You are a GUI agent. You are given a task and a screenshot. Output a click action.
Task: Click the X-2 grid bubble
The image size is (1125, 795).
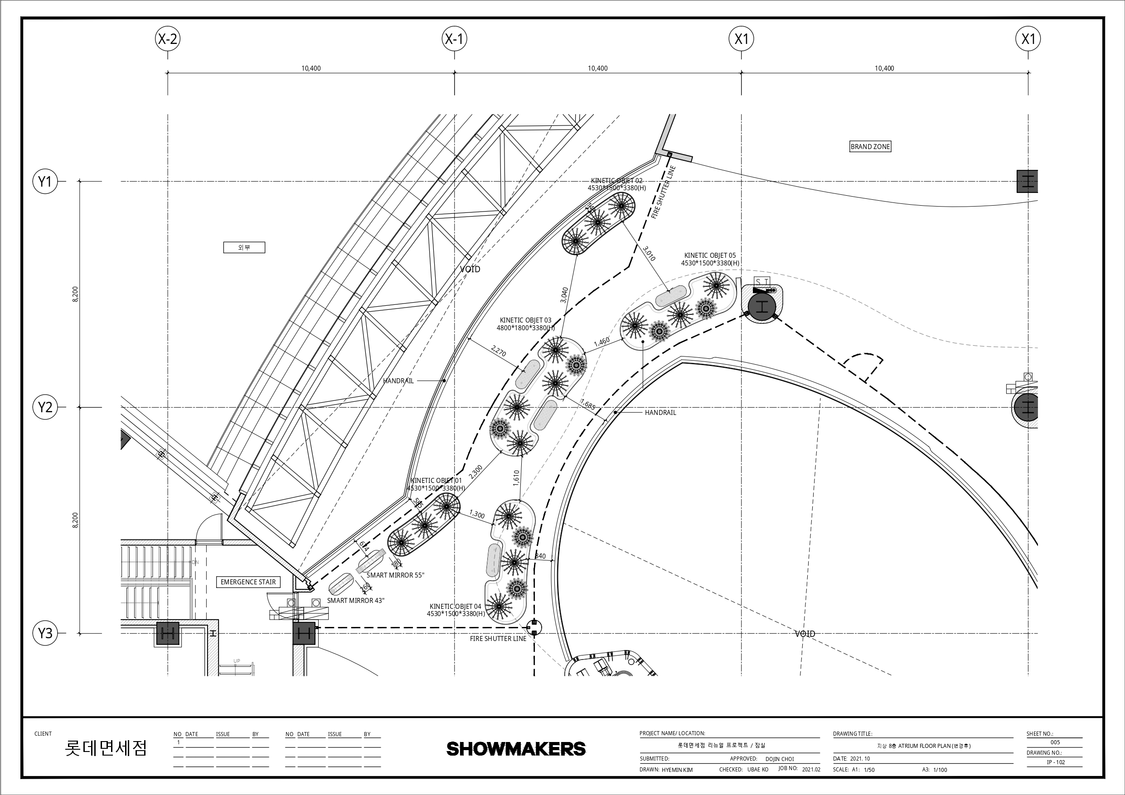[168, 39]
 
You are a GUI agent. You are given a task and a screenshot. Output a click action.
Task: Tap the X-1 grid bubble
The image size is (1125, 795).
[454, 39]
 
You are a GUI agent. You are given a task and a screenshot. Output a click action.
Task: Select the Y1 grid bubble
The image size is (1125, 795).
[45, 182]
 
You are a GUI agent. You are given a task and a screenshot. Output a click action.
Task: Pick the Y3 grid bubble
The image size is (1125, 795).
[45, 633]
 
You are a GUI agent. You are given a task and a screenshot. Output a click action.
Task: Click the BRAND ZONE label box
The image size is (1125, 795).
[870, 146]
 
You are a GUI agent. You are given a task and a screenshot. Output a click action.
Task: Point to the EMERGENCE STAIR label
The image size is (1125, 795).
[248, 582]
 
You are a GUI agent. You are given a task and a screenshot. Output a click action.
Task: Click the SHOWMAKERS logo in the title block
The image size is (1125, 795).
[516, 748]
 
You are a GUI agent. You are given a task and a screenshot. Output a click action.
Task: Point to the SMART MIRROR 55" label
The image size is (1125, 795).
[395, 575]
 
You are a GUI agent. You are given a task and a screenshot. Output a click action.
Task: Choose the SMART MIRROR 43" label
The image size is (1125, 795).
[356, 601]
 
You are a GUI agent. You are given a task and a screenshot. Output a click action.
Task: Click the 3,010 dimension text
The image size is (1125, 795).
[649, 253]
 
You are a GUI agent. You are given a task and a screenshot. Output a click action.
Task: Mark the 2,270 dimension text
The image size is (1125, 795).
[498, 351]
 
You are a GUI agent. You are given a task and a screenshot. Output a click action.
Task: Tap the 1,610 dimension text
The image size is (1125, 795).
[515, 478]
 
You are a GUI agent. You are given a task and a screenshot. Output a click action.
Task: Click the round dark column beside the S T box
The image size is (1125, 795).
[762, 307]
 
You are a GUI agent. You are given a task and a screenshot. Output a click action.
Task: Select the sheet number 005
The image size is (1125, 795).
[1055, 742]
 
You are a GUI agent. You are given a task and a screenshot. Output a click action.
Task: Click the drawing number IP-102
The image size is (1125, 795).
[1055, 762]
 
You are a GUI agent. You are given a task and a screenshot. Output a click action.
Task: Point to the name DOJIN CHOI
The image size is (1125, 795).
[780, 759]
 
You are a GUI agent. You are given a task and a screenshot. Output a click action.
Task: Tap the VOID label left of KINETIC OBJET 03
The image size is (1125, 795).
[470, 269]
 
